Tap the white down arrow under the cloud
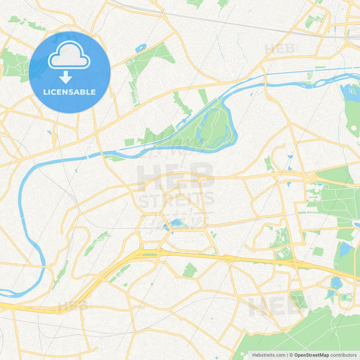point(66,77)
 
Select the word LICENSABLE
point(70,92)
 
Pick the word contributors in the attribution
point(344,355)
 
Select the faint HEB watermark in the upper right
point(279,49)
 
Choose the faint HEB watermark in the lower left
point(73,305)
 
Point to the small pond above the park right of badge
point(140,48)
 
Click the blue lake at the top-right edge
point(352,91)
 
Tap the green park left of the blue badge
point(14,64)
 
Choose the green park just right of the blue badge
point(138,68)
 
